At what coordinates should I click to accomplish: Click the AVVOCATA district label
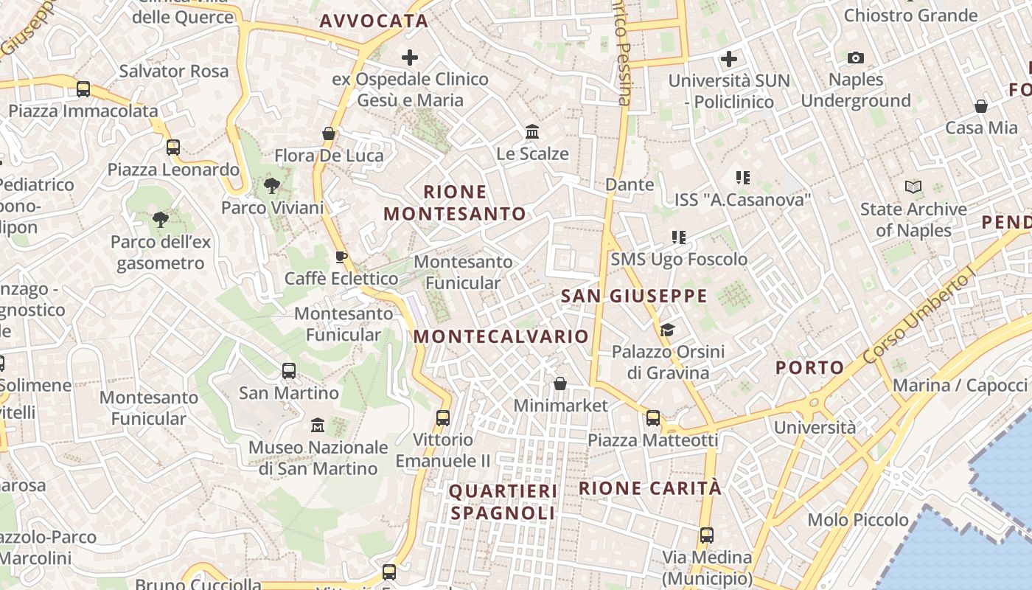[374, 21]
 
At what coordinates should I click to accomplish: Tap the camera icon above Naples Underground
[856, 58]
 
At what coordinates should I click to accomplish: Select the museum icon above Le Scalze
[532, 132]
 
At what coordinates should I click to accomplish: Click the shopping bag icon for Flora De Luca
[329, 133]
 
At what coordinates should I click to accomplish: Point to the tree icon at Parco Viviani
[272, 186]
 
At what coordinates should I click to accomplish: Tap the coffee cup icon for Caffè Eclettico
[341, 257]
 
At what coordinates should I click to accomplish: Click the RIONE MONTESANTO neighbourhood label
[455, 203]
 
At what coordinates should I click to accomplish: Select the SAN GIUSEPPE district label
[634, 296]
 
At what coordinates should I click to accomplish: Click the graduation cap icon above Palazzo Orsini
[667, 330]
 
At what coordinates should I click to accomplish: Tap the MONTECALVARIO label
[501, 336]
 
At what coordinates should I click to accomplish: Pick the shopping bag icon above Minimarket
[560, 383]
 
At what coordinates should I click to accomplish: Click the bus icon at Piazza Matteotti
[653, 418]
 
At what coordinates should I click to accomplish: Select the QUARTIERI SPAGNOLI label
[503, 502]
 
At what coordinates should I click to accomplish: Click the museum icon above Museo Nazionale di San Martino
[318, 425]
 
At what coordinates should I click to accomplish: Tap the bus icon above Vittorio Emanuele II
[443, 417]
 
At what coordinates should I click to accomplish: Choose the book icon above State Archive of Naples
[913, 187]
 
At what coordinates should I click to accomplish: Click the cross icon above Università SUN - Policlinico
[729, 59]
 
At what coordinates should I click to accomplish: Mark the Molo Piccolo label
[858, 520]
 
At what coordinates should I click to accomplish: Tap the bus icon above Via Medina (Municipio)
[707, 535]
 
